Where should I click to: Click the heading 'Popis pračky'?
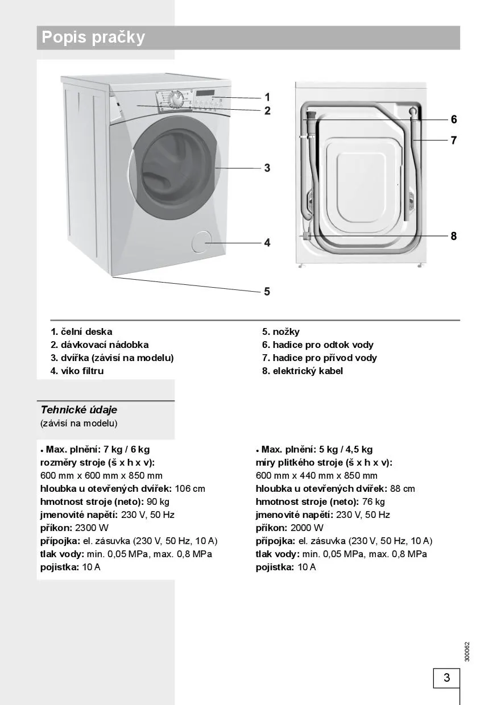[93, 38]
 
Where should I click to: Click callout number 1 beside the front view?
[267, 98]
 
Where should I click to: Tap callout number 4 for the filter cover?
[267, 243]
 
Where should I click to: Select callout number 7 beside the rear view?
[454, 140]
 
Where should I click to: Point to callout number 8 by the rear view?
[454, 236]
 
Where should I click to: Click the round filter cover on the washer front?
[200, 242]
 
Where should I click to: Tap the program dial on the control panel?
[177, 99]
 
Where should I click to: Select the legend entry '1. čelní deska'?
[81, 331]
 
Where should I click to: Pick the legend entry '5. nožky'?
[280, 331]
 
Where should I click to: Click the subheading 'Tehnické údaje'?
[78, 410]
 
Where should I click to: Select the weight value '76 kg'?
[373, 501]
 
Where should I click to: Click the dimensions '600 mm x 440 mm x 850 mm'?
[316, 475]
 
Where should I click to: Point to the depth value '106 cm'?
[189, 488]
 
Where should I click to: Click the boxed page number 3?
[446, 678]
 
